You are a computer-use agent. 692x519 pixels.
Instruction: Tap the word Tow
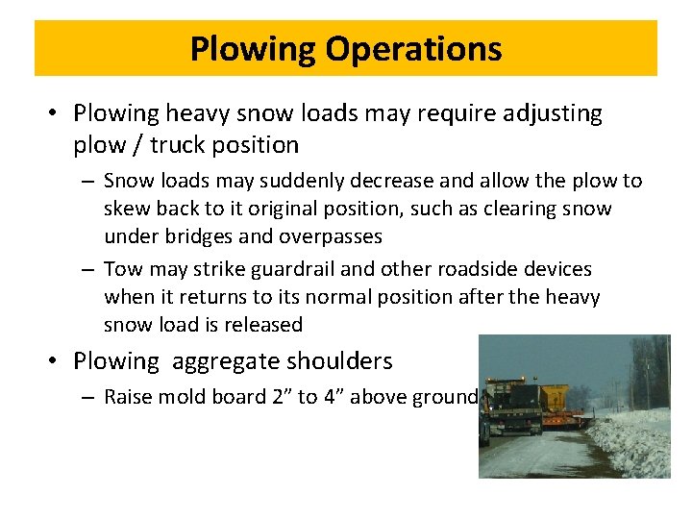121,270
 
